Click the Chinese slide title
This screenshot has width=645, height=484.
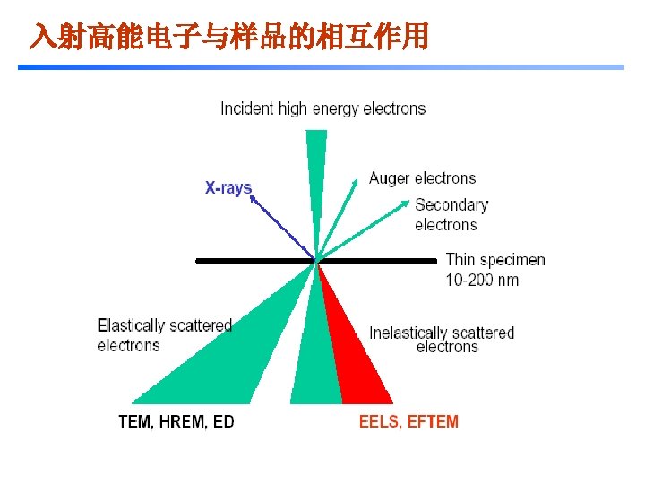click(228, 37)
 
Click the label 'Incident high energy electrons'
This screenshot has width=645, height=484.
click(322, 108)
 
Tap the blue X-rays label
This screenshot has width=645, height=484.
click(228, 188)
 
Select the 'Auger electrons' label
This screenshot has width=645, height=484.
click(422, 178)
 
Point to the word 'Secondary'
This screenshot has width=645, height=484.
click(451, 205)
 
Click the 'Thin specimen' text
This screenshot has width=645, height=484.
click(495, 260)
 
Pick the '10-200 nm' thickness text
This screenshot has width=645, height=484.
click(482, 280)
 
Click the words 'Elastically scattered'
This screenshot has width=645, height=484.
click(165, 325)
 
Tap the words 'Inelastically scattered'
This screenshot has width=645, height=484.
click(442, 333)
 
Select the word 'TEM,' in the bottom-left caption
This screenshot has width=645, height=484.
click(136, 421)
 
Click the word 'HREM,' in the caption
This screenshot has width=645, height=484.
click(183, 421)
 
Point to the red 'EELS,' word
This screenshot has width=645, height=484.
click(381, 421)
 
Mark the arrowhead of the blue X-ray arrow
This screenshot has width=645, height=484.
click(254, 200)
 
